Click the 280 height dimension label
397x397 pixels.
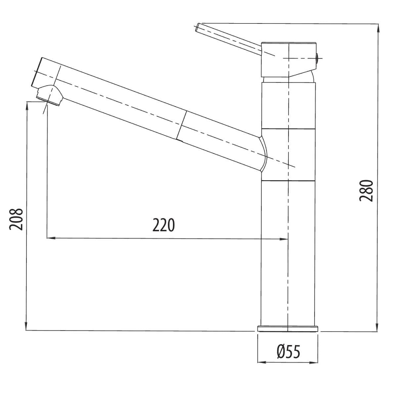pos(366,191)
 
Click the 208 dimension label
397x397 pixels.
pos(16,219)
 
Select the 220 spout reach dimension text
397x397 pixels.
pos(163,225)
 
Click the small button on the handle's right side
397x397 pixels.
pos(317,58)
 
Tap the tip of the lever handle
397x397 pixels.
pos(197,27)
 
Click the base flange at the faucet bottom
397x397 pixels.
pos(287,329)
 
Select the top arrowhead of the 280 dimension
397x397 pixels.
pos(378,28)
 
